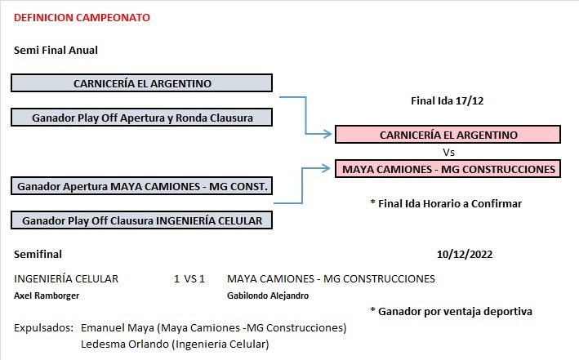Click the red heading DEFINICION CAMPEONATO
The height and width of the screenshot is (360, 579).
pos(82,18)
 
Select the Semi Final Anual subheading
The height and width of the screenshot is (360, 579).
pos(56,51)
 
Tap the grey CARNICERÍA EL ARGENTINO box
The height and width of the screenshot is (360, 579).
pos(142,83)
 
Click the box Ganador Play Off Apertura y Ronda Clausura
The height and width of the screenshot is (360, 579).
pos(142,118)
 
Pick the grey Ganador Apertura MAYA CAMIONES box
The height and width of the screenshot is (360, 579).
pos(142,186)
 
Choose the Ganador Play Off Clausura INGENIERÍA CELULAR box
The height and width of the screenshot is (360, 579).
pos(142,220)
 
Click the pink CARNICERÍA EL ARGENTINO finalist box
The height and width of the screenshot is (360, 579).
pos(448,135)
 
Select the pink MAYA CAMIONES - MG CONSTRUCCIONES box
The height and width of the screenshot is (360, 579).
pos(448,169)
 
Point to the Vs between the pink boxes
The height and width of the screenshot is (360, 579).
pos(448,152)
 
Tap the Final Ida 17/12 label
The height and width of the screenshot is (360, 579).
pos(448,100)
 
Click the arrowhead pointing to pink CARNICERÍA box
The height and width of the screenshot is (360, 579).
pos(328,134)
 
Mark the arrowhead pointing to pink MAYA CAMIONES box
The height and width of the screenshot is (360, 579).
pos(327,168)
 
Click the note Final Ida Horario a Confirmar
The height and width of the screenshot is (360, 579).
pos(446,203)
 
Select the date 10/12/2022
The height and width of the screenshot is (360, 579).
pos(465,254)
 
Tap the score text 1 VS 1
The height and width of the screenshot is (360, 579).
pos(189,278)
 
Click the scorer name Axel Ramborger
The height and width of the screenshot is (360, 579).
pos(47,296)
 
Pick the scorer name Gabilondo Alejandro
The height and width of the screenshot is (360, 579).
pos(268,296)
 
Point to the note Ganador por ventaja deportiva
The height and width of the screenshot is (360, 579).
pos(452,311)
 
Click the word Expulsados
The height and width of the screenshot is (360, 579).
pos(43,328)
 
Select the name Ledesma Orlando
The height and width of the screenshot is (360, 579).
pos(125,344)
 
